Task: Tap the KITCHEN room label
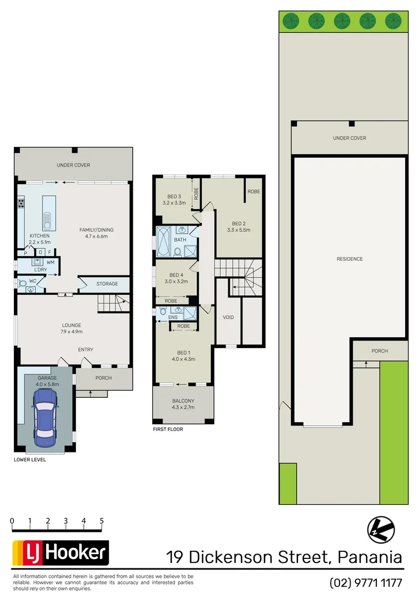(x=39, y=236)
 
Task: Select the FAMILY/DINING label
(x=95, y=230)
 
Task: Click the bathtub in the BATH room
(x=164, y=241)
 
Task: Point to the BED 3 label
(x=174, y=196)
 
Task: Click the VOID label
(x=228, y=317)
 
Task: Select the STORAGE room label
(x=107, y=284)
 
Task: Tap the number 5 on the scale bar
(x=101, y=520)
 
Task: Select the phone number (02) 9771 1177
(x=365, y=582)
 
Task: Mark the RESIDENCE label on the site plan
(x=349, y=259)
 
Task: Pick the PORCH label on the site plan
(x=379, y=351)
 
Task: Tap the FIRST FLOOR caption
(x=168, y=429)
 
